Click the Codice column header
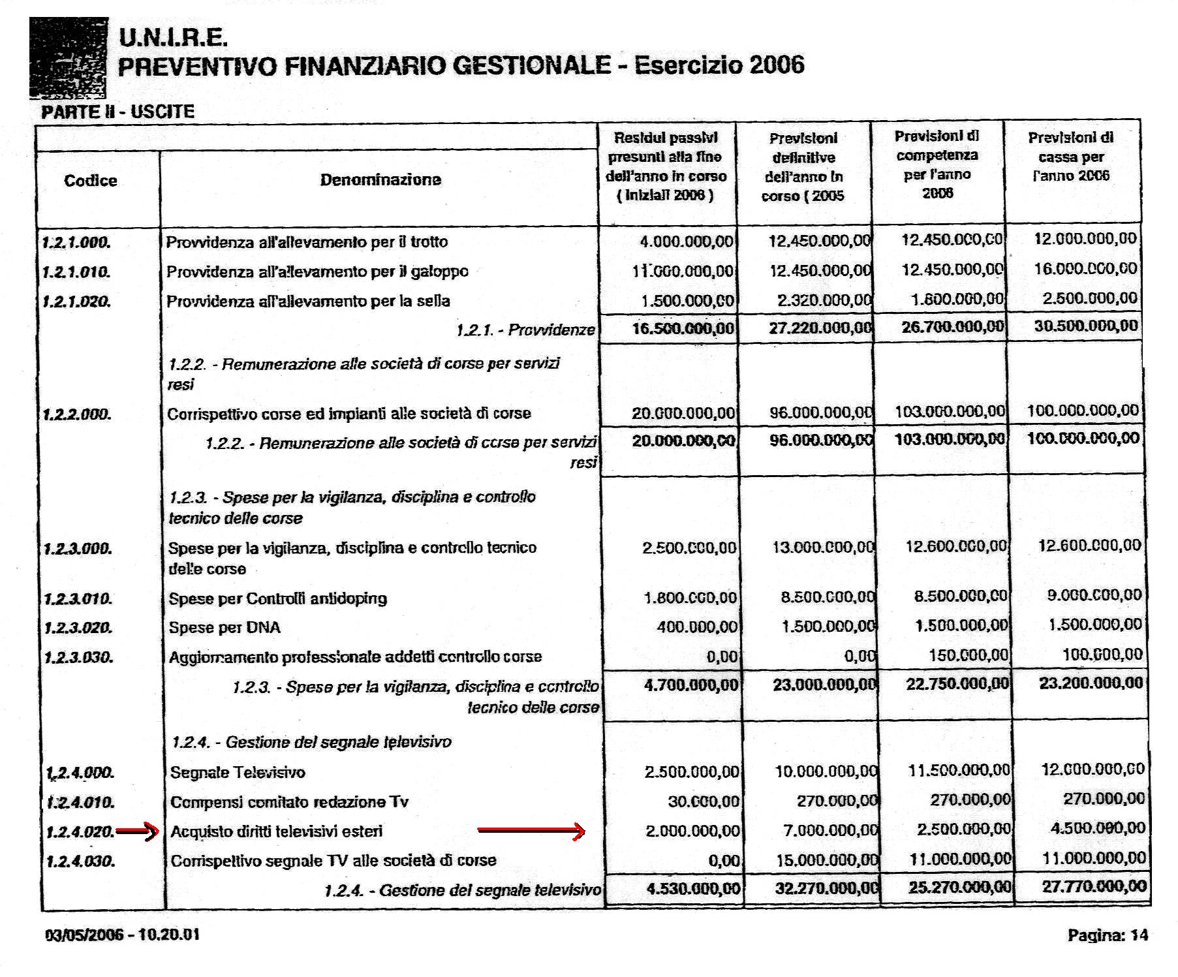click(91, 181)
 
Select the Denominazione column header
click(380, 179)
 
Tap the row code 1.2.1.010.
click(76, 271)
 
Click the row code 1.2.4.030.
click(80, 861)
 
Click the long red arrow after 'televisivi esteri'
click(531, 831)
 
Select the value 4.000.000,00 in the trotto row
click(686, 241)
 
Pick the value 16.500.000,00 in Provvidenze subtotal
click(683, 328)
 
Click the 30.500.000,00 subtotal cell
click(1085, 326)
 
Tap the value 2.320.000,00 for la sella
click(824, 300)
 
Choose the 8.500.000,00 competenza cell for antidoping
click(960, 596)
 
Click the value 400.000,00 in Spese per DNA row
click(696, 627)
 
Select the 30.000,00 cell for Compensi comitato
click(703, 801)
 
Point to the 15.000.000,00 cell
click(827, 860)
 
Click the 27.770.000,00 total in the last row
click(1093, 886)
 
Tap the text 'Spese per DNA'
click(225, 628)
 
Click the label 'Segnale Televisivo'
click(238, 773)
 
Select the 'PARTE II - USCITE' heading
click(117, 112)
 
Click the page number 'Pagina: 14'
click(1107, 935)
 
